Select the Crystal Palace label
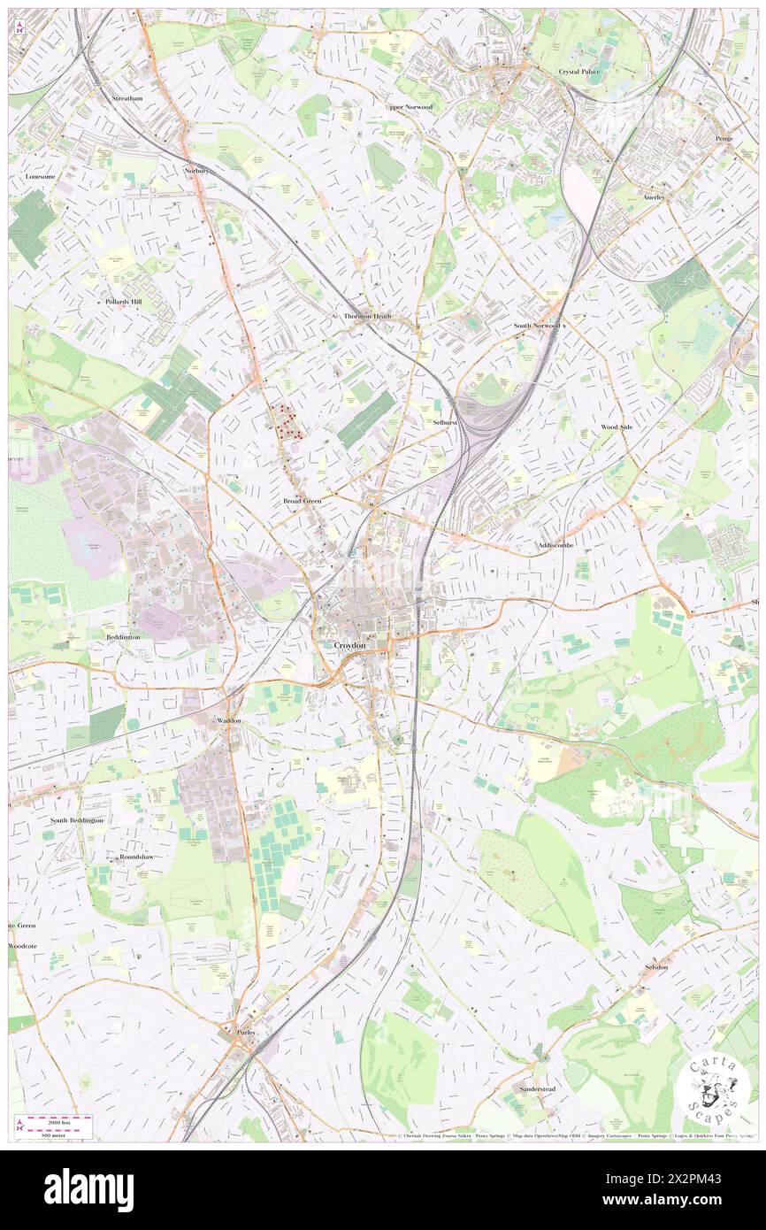point(579,71)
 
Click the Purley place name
point(245,1032)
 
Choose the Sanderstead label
point(537,1088)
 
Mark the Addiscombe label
point(556,546)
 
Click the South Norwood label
point(536,326)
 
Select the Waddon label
point(228,721)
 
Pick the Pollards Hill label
point(123,302)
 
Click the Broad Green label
point(302,501)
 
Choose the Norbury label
point(195,170)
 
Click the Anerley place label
point(654,197)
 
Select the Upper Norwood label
point(409,107)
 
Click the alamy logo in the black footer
point(88,1189)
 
